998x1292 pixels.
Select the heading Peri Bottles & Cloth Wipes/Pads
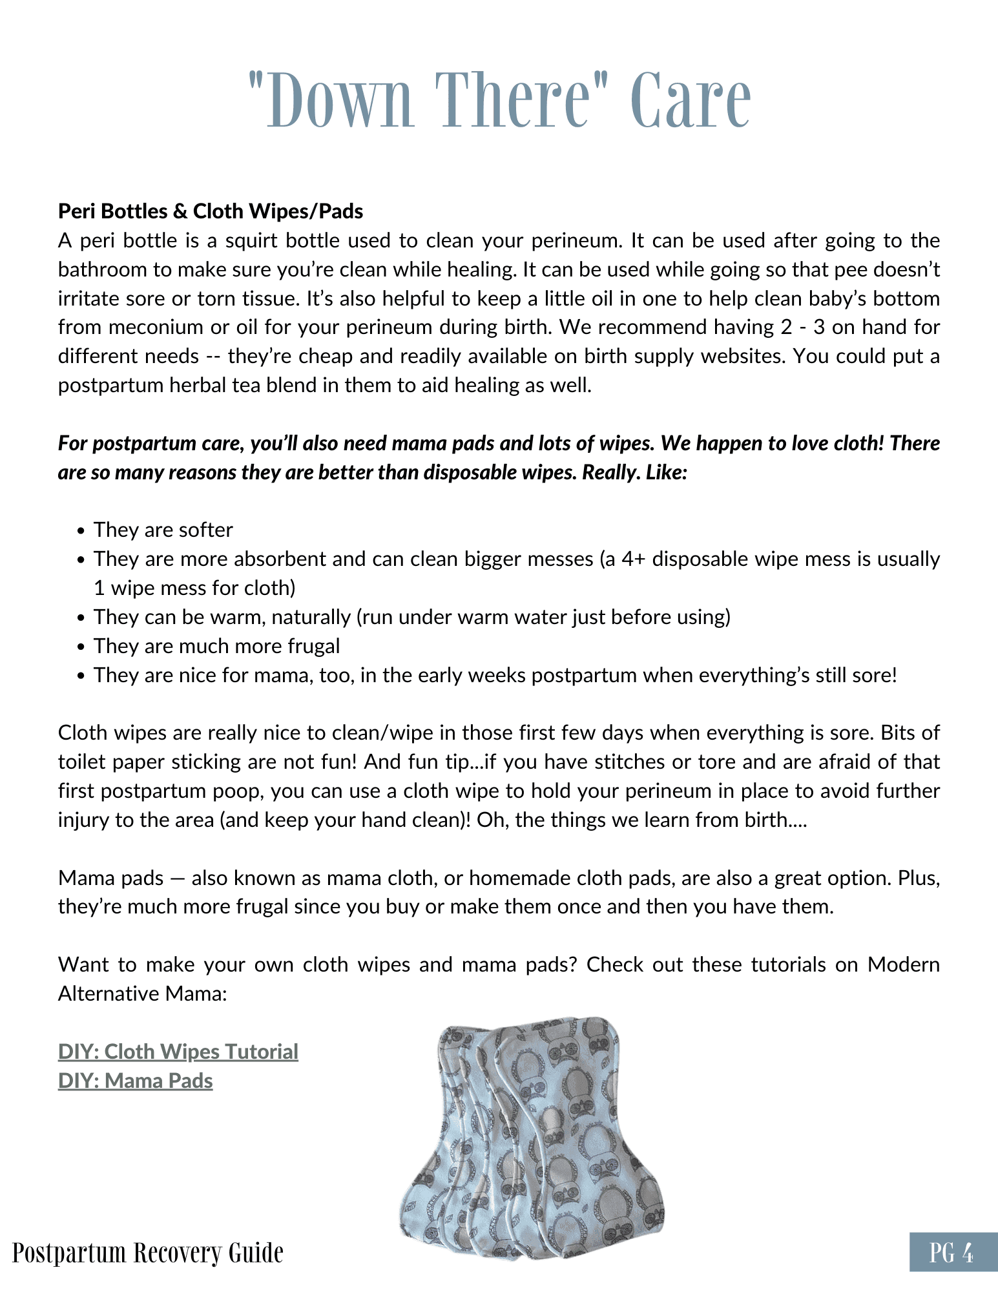pyautogui.click(x=211, y=211)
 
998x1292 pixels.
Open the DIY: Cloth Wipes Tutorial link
pyautogui.click(x=178, y=1052)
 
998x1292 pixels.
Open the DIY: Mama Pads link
pyautogui.click(x=136, y=1081)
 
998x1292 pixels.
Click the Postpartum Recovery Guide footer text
pyautogui.click(x=148, y=1253)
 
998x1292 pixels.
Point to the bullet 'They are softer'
pyautogui.click(x=163, y=530)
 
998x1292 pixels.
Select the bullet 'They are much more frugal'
pyautogui.click(x=216, y=646)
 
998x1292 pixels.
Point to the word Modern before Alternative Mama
pyautogui.click(x=903, y=964)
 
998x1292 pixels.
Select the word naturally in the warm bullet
pyautogui.click(x=311, y=617)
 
